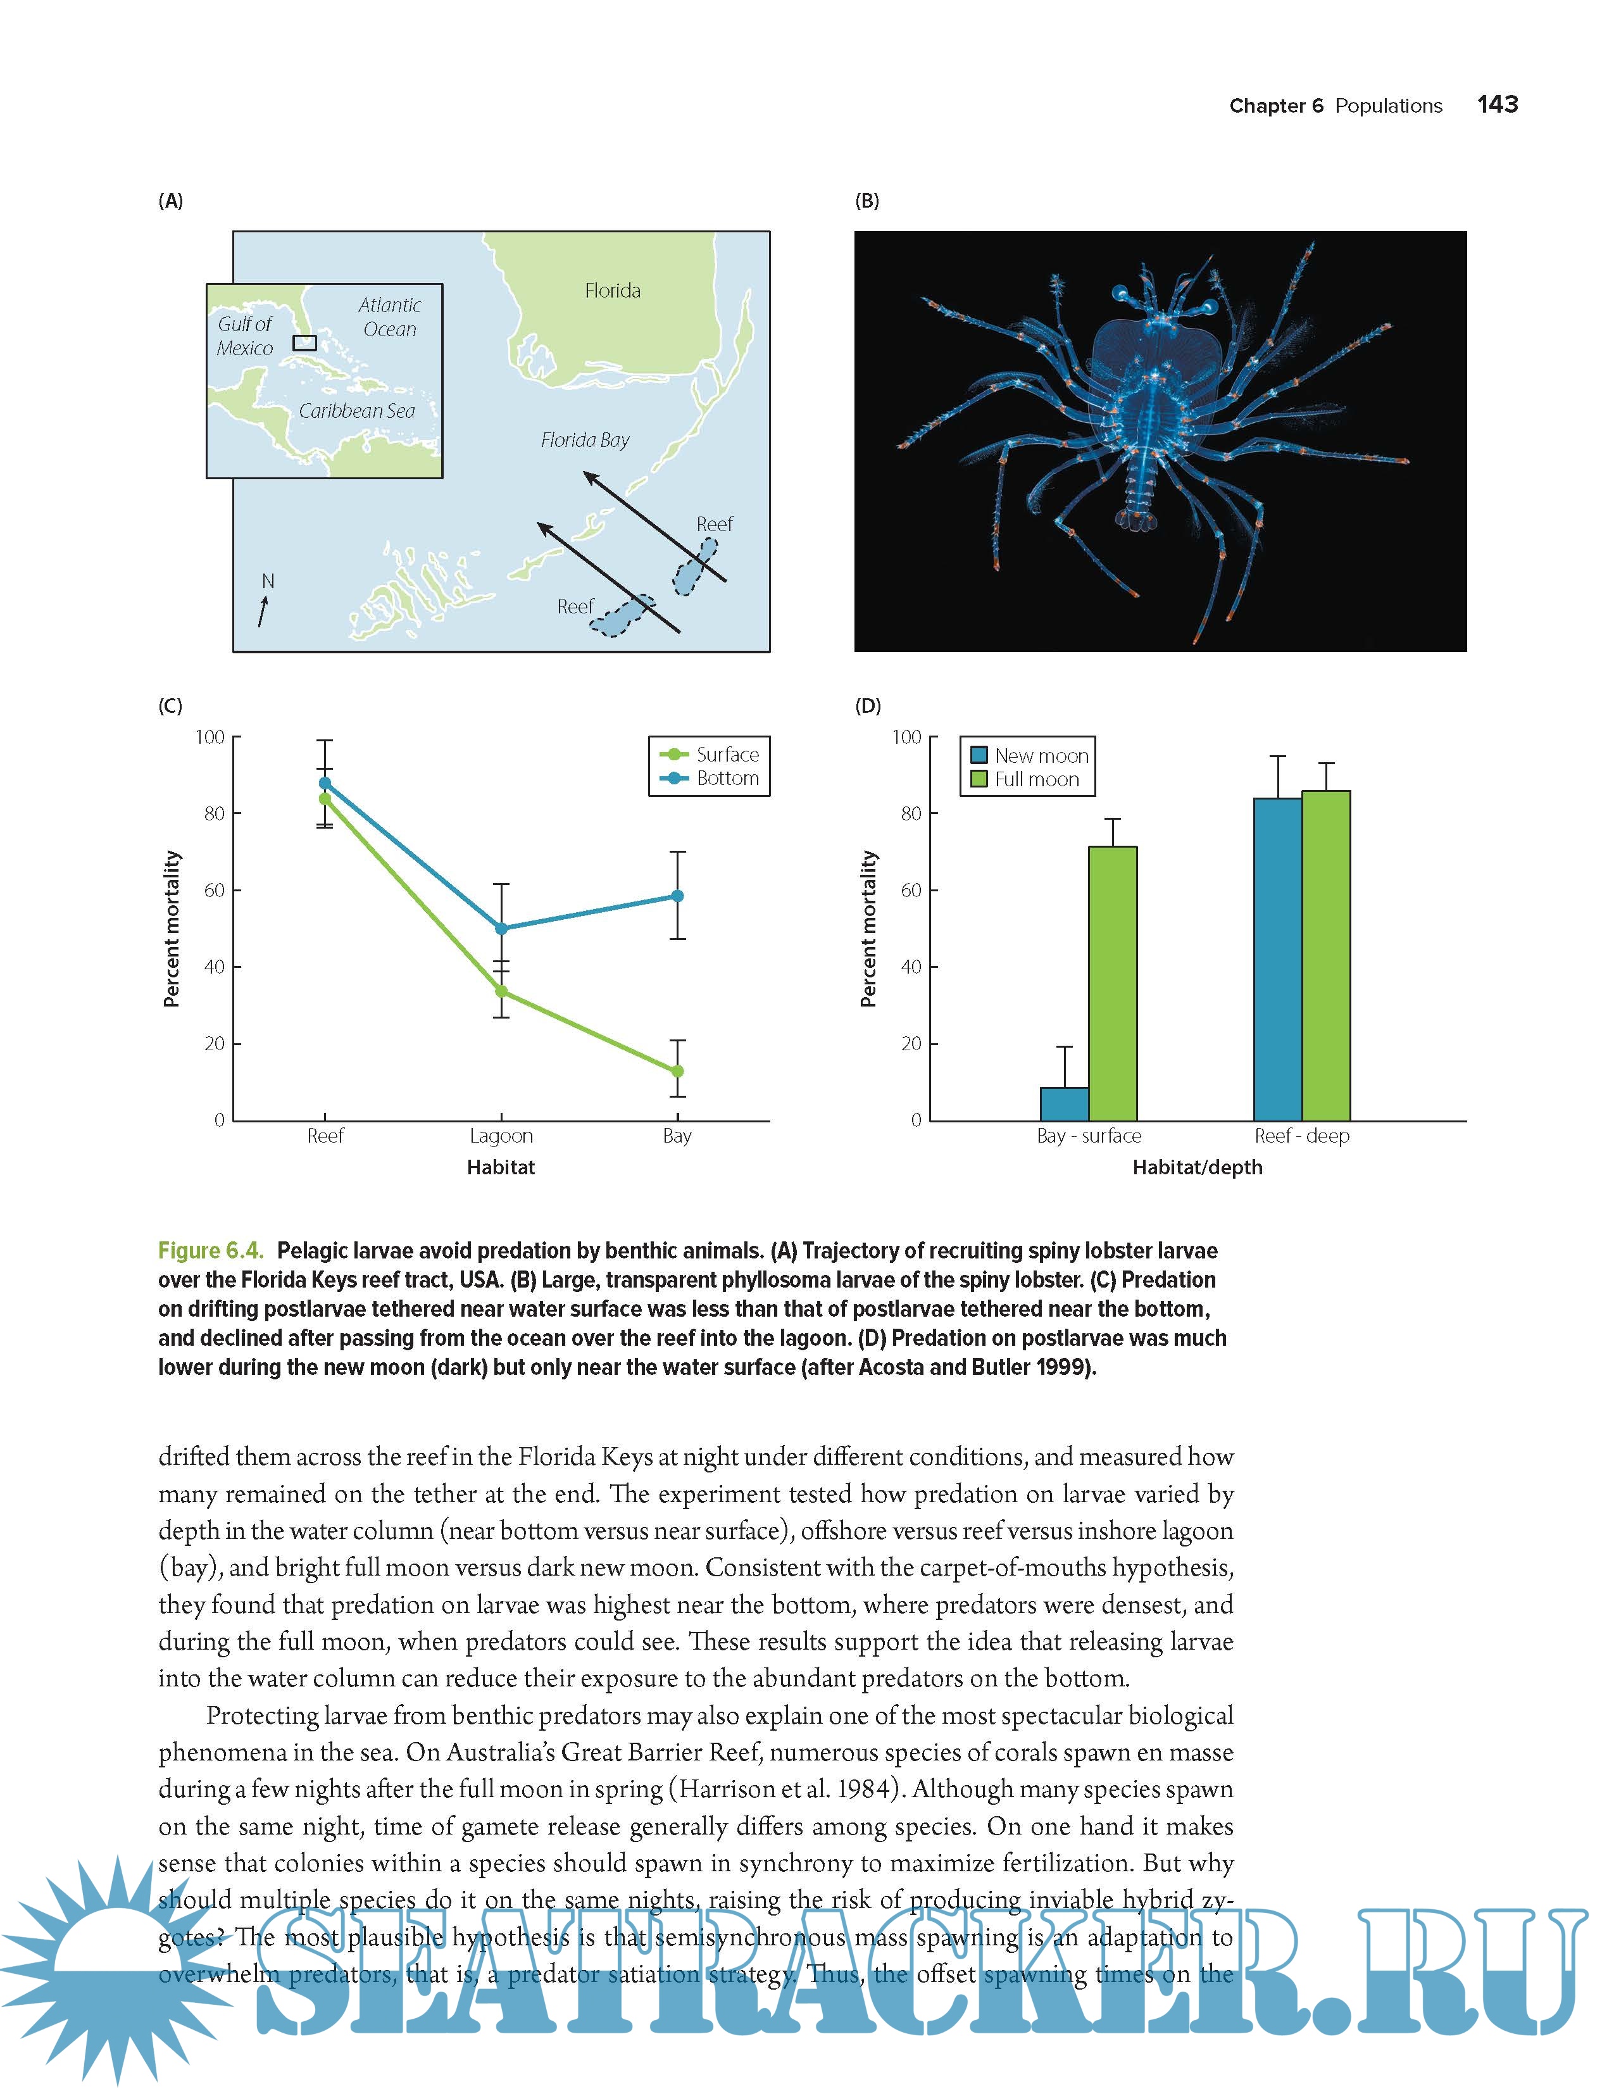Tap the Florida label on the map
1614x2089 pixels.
612,290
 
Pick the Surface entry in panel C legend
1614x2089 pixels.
726,755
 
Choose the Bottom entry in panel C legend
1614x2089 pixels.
726,779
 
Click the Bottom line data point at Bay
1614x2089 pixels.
677,896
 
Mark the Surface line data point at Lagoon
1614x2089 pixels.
501,991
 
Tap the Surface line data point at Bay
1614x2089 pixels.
677,1071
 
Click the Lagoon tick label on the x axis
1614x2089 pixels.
501,1136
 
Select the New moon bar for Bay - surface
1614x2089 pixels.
1064,1104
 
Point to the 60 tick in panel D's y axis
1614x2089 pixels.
910,891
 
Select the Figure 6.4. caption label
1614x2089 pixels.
210,1251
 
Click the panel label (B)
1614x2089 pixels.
866,201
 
